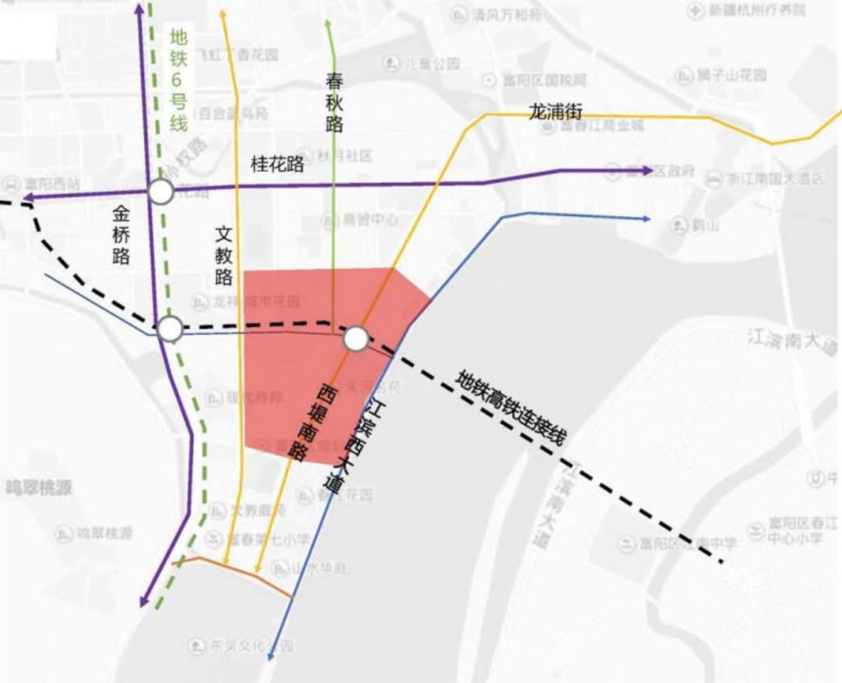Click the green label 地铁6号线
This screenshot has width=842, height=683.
[x=179, y=80]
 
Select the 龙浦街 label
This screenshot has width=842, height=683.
[x=556, y=111]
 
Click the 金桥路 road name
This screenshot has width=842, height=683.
[x=121, y=234]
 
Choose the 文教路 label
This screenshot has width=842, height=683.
[x=224, y=255]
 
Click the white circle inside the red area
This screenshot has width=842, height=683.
[x=356, y=338]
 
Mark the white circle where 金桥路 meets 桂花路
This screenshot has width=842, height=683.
[x=161, y=192]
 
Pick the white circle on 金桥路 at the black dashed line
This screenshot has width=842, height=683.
[x=170, y=329]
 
